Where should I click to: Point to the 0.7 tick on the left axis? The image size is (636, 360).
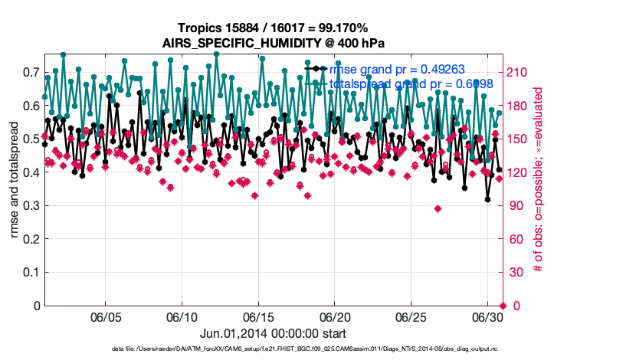click(31, 72)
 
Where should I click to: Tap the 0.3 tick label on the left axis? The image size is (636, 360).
click(31, 205)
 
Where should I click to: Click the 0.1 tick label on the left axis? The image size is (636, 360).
click(31, 272)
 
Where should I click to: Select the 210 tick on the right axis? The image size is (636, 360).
click(520, 72)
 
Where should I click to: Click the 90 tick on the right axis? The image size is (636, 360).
click(516, 205)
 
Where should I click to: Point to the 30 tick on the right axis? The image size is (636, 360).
click(516, 272)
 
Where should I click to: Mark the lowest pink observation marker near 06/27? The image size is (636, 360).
click(438, 208)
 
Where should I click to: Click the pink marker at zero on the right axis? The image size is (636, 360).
click(503, 306)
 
